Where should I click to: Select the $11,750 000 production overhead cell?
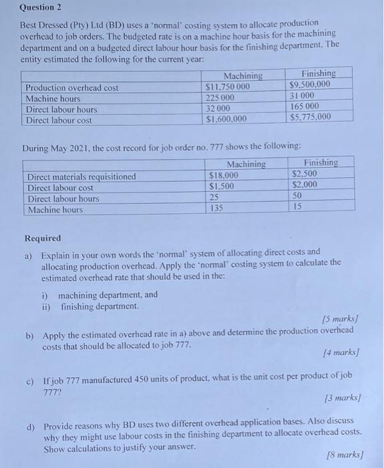(x=228, y=87)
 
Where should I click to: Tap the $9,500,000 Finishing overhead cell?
(x=310, y=85)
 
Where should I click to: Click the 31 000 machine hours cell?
(x=303, y=96)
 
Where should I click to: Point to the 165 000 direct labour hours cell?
(x=306, y=106)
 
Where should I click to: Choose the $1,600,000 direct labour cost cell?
(x=227, y=120)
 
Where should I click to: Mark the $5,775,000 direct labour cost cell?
(x=311, y=118)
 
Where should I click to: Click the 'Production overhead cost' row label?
(x=71, y=88)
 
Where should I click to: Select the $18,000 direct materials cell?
(x=224, y=175)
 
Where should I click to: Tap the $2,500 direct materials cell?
(x=305, y=173)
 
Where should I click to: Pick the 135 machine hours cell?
(x=216, y=209)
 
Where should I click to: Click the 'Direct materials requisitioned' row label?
(x=81, y=177)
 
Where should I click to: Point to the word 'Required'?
(x=42, y=238)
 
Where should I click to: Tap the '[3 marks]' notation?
(x=341, y=398)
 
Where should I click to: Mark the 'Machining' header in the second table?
(x=246, y=164)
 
